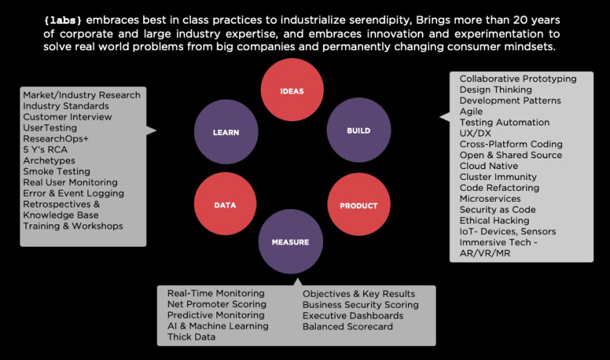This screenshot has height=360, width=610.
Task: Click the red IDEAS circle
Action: point(292,90)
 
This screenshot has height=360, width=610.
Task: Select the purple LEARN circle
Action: point(226,132)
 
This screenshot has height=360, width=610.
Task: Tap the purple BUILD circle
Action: point(359,130)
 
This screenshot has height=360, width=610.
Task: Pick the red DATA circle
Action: point(225,204)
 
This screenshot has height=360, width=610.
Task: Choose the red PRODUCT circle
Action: point(359,205)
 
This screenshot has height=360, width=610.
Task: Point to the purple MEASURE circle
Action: point(290,242)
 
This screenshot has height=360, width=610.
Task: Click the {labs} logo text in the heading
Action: point(62,20)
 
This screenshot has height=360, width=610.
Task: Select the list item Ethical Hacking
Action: point(495,221)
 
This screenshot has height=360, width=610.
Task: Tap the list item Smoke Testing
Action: point(57,171)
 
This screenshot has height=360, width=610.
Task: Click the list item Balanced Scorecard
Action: point(348,327)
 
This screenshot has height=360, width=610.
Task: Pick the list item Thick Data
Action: point(192,337)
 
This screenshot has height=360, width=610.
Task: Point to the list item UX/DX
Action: point(476,134)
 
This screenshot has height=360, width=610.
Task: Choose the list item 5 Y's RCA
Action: point(45,150)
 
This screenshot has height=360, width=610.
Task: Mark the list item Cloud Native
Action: point(489,166)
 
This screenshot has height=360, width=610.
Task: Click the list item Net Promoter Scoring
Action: point(216,304)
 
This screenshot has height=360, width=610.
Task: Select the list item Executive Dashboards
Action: point(353,316)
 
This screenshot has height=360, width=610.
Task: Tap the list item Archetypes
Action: point(49,160)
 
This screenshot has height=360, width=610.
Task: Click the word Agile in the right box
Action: point(471,112)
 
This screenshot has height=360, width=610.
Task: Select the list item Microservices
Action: point(490,199)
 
